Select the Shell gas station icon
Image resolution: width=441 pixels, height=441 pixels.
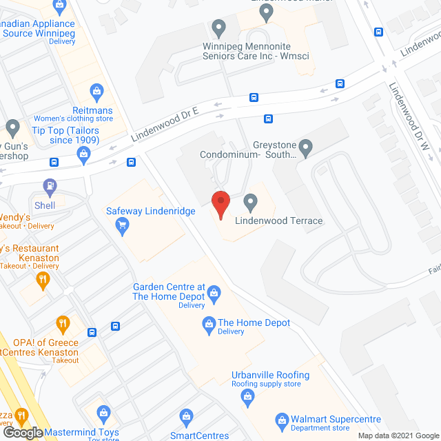(49, 185)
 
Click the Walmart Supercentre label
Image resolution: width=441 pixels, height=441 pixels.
(325, 418)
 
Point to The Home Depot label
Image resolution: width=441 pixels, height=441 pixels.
(254, 322)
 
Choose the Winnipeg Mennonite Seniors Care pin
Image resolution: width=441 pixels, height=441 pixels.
(220, 28)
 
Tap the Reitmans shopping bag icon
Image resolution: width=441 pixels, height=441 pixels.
(97, 90)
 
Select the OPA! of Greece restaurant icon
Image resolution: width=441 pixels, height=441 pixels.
(63, 322)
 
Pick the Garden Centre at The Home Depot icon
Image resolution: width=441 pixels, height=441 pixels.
(214, 293)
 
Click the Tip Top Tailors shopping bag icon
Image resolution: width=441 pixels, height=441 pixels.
(83, 153)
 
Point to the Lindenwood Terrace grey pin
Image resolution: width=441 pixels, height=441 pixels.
(251, 202)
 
